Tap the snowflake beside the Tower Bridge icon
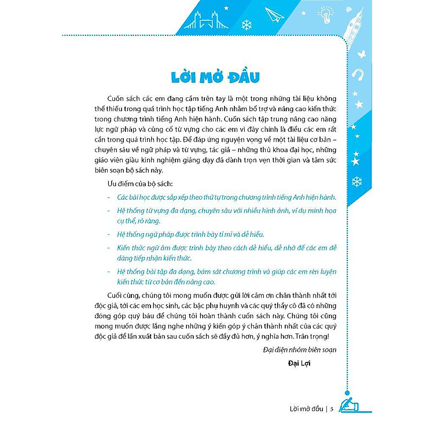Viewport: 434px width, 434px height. click(247, 25)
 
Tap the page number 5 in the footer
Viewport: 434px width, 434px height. click(332, 409)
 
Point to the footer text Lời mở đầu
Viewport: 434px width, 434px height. click(299, 409)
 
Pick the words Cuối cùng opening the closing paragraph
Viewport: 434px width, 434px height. click(122, 296)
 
